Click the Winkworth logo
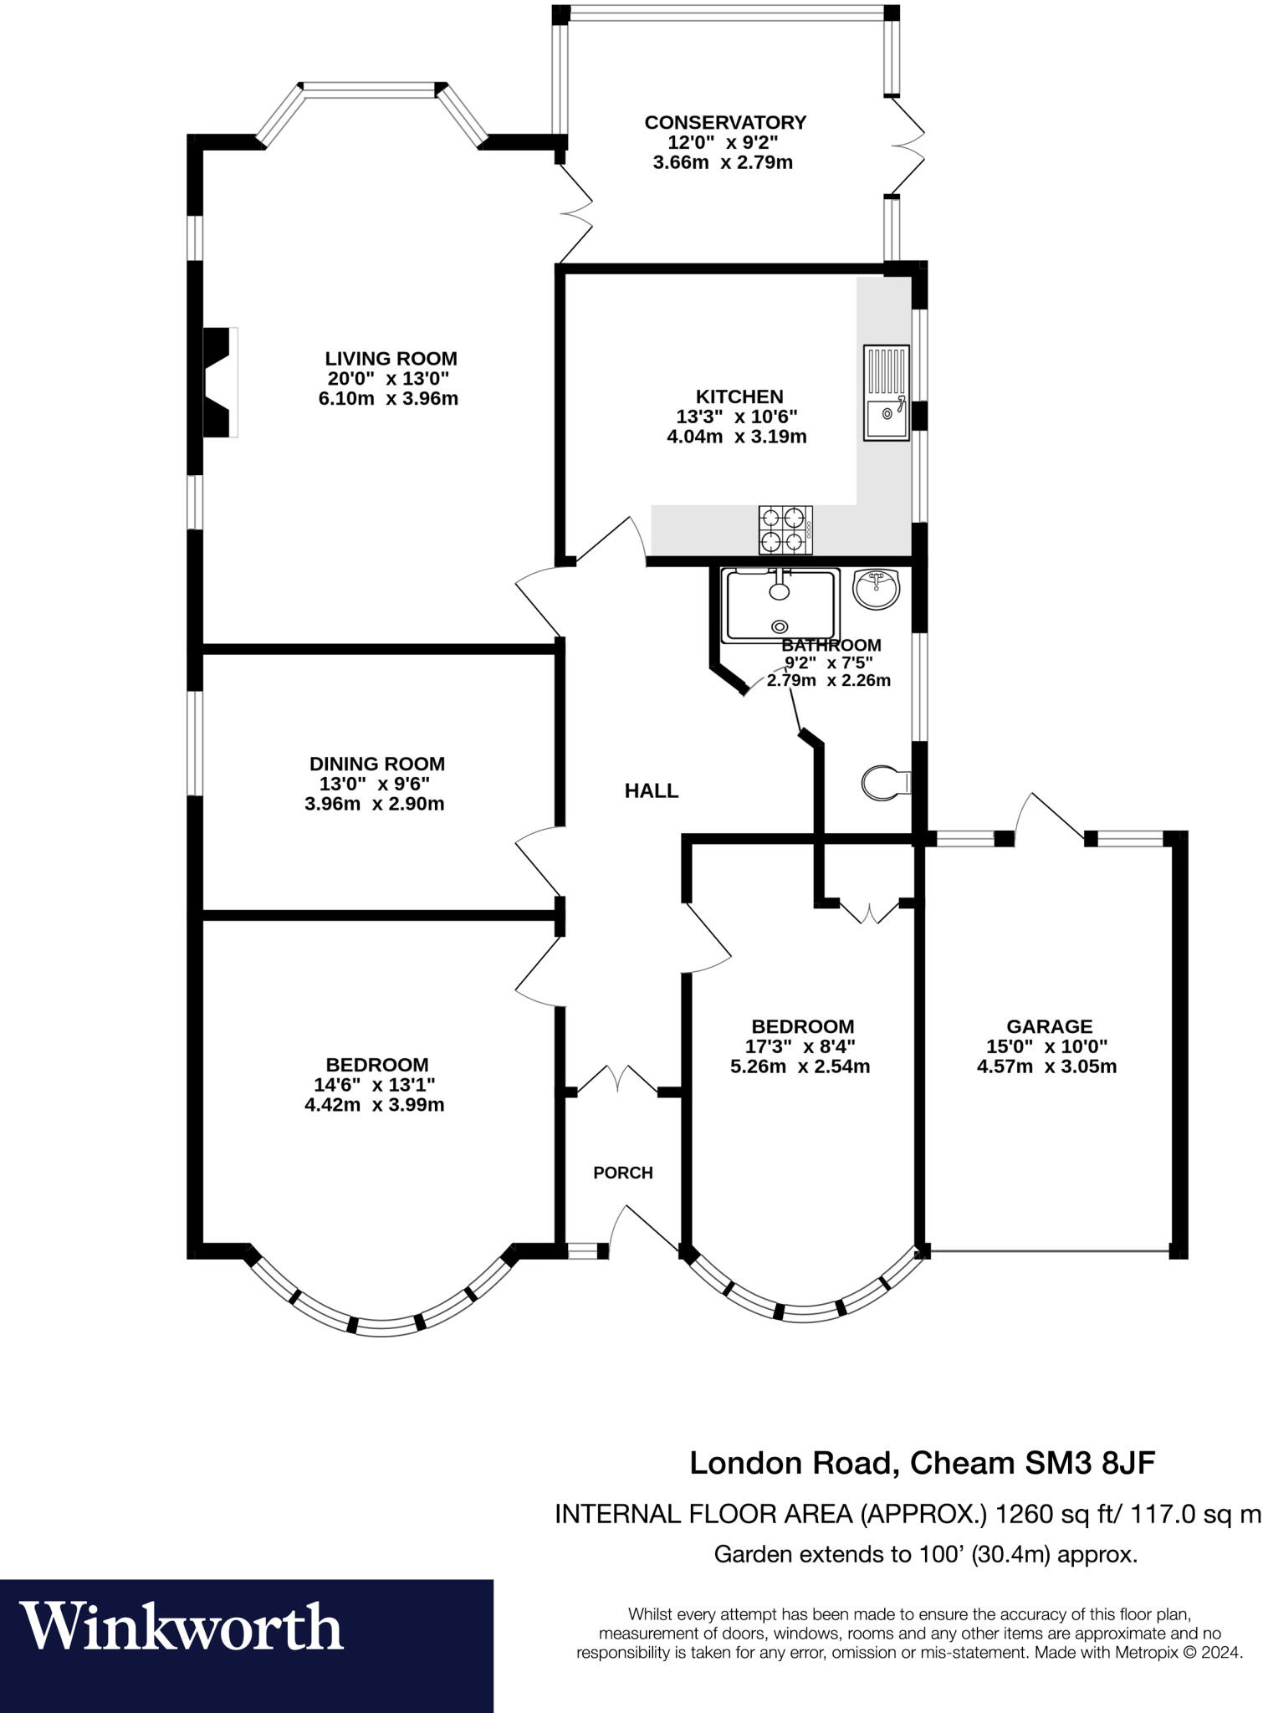point(182,1627)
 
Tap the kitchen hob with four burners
point(785,530)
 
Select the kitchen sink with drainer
point(887,392)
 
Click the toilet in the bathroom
point(883,783)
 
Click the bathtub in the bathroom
point(780,604)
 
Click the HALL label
point(652,790)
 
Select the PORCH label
point(622,1173)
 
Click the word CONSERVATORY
point(724,122)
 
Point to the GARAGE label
point(1049,1025)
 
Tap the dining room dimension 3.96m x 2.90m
point(374,804)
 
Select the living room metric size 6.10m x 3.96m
point(388,398)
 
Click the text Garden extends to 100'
point(837,1554)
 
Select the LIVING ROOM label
point(391,358)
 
